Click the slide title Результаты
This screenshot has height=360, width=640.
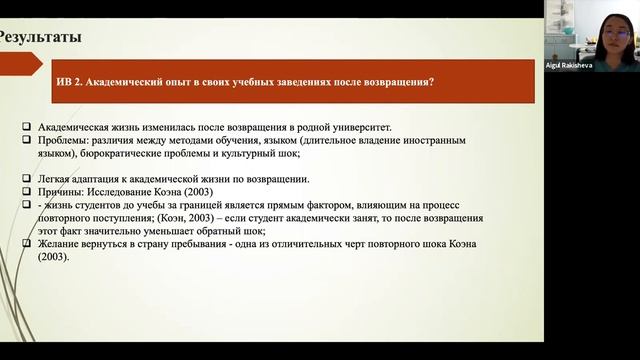[40, 39]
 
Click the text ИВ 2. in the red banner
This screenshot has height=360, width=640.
[78, 83]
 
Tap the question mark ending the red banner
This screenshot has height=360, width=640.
[430, 83]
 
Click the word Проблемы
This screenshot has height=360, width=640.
[62, 141]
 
